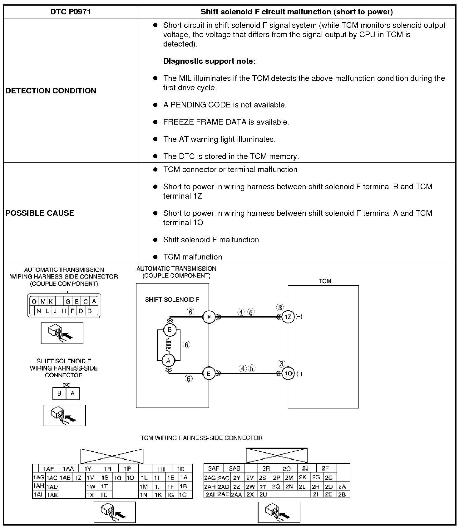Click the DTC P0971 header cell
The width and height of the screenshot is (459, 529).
point(71,12)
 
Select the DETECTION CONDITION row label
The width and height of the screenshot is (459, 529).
point(51,91)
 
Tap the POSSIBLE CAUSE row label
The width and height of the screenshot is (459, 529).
point(40,213)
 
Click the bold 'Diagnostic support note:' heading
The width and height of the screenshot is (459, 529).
point(209,61)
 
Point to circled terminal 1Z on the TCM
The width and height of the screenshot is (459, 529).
point(288,317)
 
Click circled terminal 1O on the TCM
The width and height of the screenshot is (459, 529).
point(288,373)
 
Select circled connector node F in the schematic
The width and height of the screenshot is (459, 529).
point(209,317)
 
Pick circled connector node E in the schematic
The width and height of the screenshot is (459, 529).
point(209,373)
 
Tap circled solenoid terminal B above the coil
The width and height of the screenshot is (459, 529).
point(170,329)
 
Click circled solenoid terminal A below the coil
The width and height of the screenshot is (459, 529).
point(169,361)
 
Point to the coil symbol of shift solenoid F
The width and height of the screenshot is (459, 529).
point(169,345)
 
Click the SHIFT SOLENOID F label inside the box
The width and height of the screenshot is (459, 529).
point(172,300)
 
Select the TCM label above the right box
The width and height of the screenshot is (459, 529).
point(325,281)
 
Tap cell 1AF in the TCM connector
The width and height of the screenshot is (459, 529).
point(48,469)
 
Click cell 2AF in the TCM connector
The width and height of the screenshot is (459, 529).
point(214,468)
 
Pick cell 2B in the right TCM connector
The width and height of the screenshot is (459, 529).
point(342,494)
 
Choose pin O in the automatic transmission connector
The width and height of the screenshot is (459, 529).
point(34,301)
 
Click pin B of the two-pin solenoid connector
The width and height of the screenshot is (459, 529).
point(59,393)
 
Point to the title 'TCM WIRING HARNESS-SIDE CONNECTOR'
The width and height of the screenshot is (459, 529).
point(201,438)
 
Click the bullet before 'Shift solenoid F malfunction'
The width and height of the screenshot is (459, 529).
point(155,240)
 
